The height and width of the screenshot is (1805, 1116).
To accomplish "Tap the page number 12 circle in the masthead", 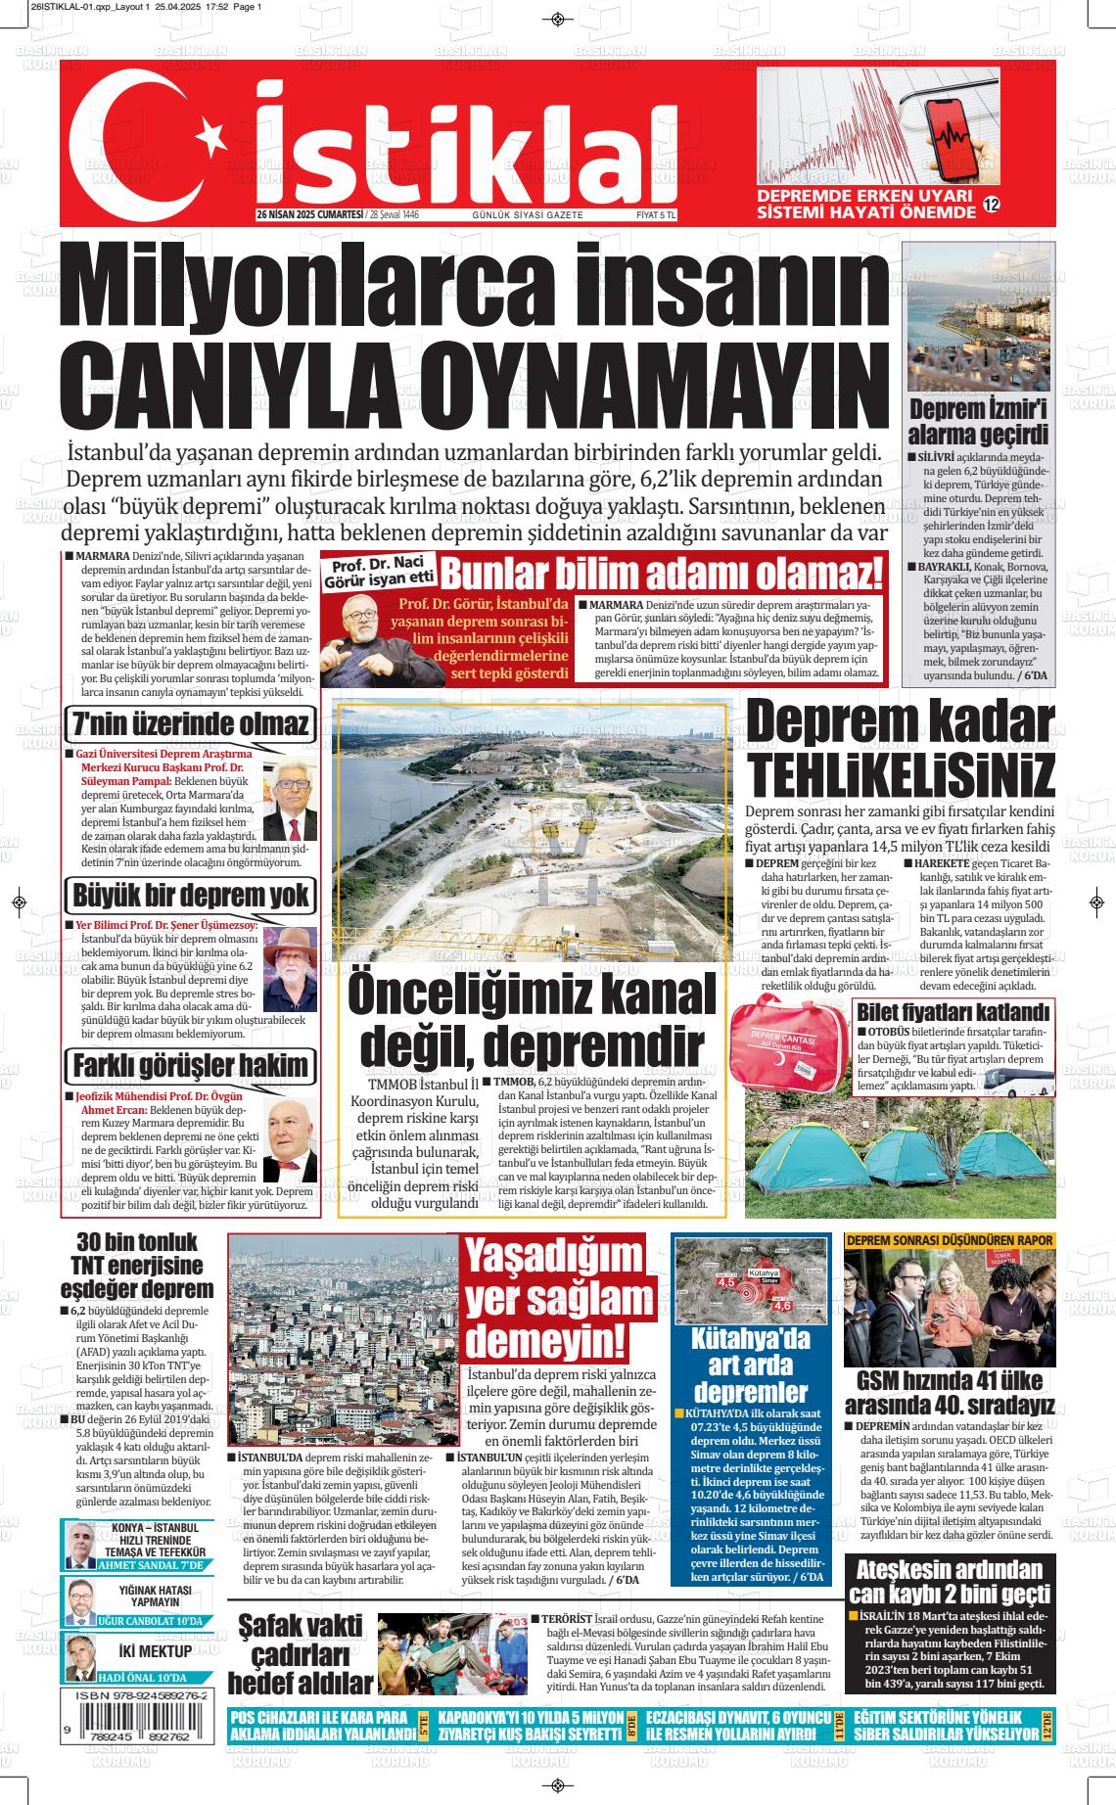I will pyautogui.click(x=991, y=206).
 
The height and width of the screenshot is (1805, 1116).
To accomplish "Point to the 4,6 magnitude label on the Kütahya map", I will pyautogui.click(x=782, y=1305).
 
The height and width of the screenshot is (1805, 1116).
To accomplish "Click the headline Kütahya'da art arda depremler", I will pyautogui.click(x=751, y=1365).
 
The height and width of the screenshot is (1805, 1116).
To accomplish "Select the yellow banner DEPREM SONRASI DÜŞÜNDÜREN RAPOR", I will pyautogui.click(x=950, y=1240).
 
